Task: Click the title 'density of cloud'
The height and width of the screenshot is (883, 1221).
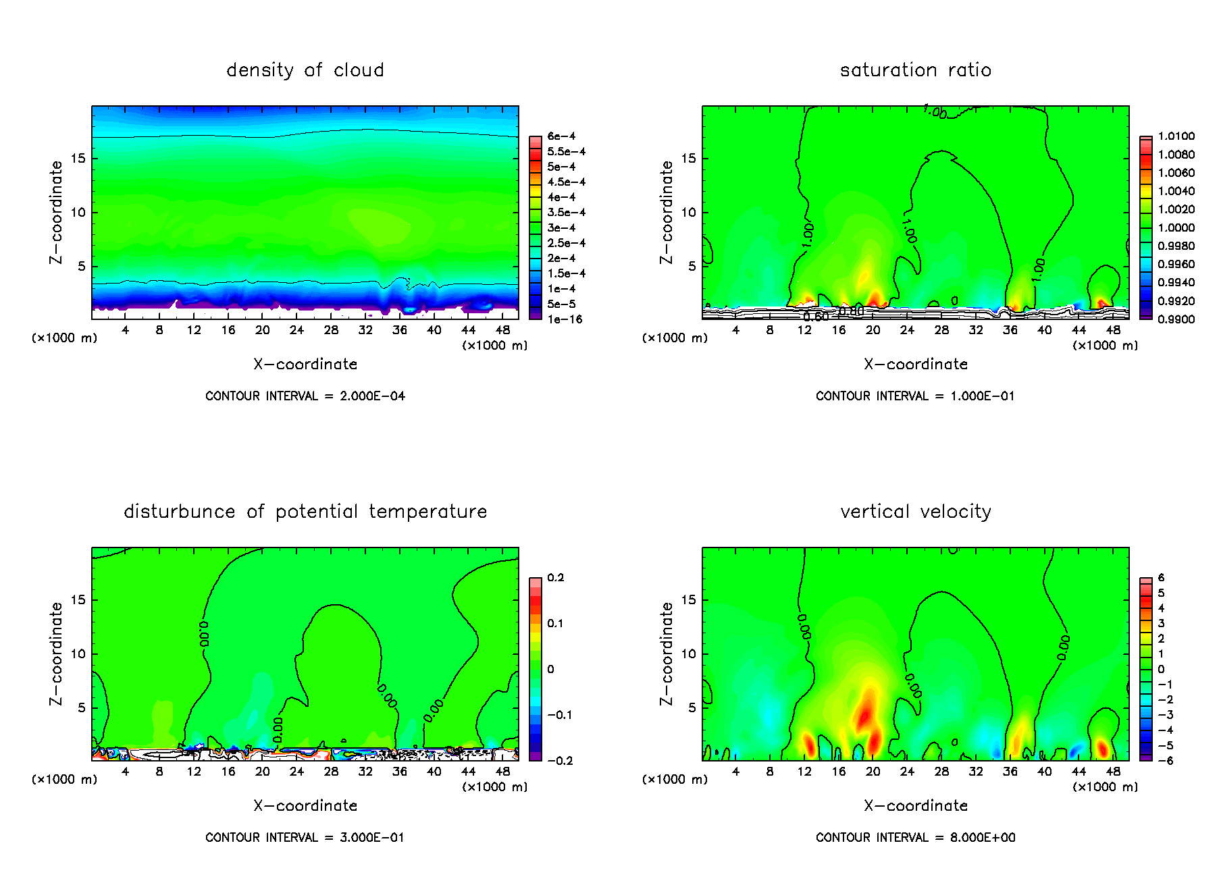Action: point(305,70)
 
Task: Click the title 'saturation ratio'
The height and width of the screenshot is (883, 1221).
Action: point(915,70)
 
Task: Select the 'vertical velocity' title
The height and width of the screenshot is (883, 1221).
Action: point(915,512)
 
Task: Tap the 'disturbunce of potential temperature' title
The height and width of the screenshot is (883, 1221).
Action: point(305,512)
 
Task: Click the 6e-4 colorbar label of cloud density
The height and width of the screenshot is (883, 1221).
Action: point(561,136)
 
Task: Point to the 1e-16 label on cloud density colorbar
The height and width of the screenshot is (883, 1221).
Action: point(564,319)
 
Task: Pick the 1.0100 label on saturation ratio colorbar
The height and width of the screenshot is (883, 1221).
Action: point(1176,136)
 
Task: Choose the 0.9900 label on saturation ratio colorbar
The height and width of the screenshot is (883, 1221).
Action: point(1176,319)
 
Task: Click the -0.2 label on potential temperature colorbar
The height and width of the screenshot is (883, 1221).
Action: point(560,761)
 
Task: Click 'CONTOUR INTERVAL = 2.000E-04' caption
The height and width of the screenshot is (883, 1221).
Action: point(305,396)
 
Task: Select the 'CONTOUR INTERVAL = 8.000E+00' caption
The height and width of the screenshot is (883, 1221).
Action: point(915,838)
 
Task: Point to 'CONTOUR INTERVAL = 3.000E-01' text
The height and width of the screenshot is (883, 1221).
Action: point(305,838)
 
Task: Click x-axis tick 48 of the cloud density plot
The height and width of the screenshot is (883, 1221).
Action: point(502,330)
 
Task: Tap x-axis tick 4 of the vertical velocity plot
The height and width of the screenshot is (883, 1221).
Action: point(735,772)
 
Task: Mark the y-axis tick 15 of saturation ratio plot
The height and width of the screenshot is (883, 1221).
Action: point(687,159)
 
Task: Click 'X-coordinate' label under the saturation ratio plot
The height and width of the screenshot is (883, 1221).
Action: point(915,365)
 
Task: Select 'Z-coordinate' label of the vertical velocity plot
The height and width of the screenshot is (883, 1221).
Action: point(666,653)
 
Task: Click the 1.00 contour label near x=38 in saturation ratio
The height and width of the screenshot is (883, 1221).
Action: point(1038,269)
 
